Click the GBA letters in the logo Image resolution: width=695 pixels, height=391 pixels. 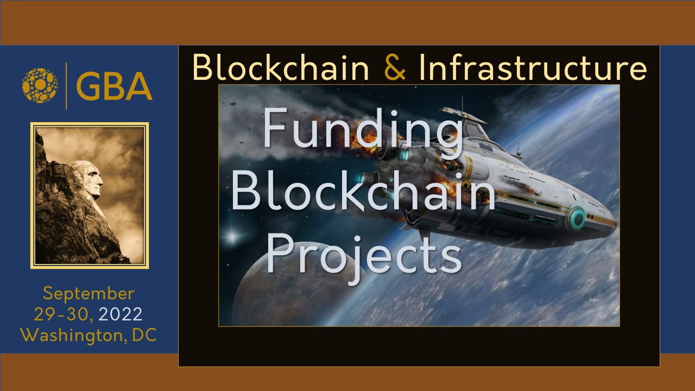coord(114,86)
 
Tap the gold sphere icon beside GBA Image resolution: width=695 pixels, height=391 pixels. coord(40,85)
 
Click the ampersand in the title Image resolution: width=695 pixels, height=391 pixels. coord(395,67)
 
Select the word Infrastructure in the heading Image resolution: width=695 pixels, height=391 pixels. coord(533,67)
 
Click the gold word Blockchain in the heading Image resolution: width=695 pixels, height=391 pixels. coord(281,67)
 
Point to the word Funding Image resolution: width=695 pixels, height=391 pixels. coord(363,131)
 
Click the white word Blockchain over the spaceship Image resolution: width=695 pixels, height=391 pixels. coord(363,191)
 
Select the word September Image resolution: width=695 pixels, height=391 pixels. coord(89,294)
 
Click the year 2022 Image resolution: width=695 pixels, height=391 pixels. coord(121,314)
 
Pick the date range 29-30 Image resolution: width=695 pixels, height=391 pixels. coord(63,314)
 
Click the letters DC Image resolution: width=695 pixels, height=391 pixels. coord(144,335)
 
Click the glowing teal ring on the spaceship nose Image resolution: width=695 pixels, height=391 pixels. coord(577,218)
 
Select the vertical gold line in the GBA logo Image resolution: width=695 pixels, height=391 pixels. coord(66,86)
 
